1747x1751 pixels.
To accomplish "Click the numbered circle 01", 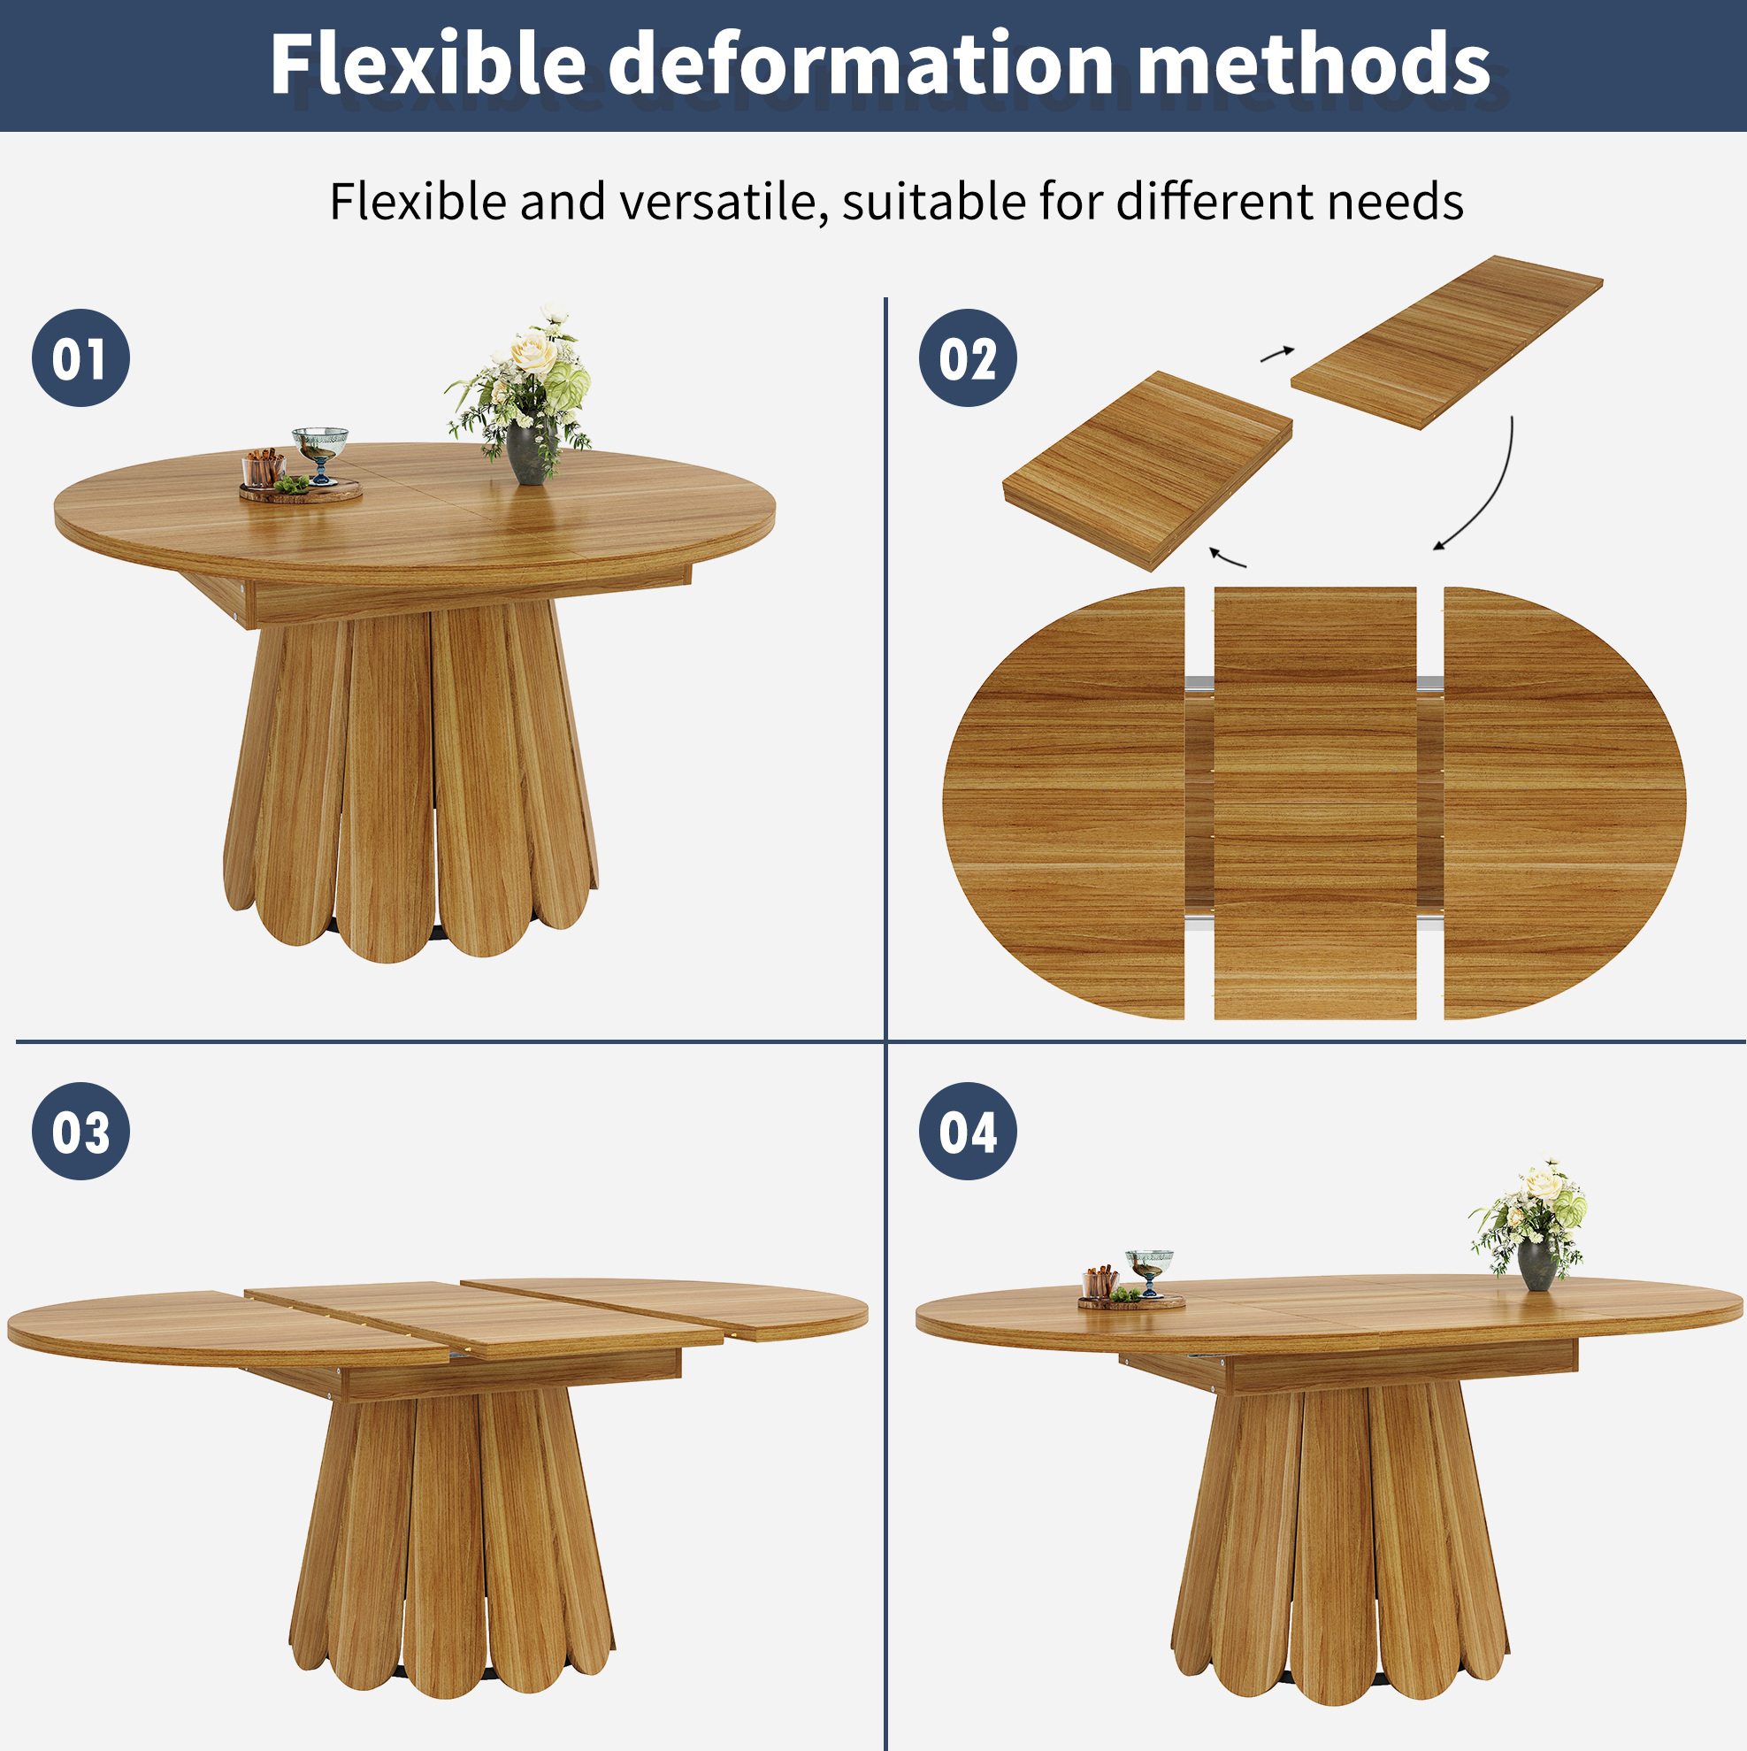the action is pos(80,358).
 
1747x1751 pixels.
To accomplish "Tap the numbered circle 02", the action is pos(968,358).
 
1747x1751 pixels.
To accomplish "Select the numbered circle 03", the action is pos(80,1131).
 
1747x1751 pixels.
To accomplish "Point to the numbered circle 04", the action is pos(968,1131).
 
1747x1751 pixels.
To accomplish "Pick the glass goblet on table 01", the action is pos(320,453).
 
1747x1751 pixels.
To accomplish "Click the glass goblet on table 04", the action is pos(1150,1272).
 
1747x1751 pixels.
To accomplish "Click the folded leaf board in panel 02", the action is pos(1148,471).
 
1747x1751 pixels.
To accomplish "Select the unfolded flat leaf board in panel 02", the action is pos(1447,342).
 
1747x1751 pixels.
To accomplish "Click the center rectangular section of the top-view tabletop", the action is pos(1314,803).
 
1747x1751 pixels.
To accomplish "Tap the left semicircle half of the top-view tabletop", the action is pos(1064,803).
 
